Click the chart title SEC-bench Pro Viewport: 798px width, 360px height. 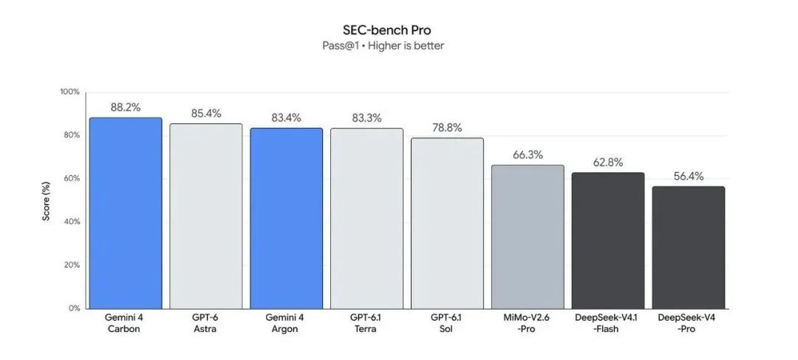[x=386, y=30]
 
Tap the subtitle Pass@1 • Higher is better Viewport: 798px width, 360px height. [x=383, y=46]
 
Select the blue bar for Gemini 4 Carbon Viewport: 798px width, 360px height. [x=126, y=214]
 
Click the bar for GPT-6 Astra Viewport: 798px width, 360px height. [x=206, y=217]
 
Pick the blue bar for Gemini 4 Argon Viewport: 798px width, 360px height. [x=287, y=219]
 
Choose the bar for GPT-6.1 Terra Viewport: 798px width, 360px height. [x=367, y=219]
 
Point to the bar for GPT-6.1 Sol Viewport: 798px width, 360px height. [x=447, y=223]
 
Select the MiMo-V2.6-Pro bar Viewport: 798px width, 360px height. [x=528, y=237]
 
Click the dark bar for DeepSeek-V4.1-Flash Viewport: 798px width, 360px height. [x=608, y=241]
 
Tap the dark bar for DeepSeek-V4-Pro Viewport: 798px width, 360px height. [x=689, y=248]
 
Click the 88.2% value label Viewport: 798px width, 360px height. [x=126, y=107]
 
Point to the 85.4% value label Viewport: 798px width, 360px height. [x=206, y=114]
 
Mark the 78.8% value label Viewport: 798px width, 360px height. [x=447, y=128]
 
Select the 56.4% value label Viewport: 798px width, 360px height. [x=689, y=176]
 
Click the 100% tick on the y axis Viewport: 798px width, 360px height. [x=69, y=92]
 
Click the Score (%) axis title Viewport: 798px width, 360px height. [x=47, y=200]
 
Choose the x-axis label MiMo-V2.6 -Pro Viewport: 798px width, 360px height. [x=528, y=323]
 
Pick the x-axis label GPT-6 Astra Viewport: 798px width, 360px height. [x=205, y=323]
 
